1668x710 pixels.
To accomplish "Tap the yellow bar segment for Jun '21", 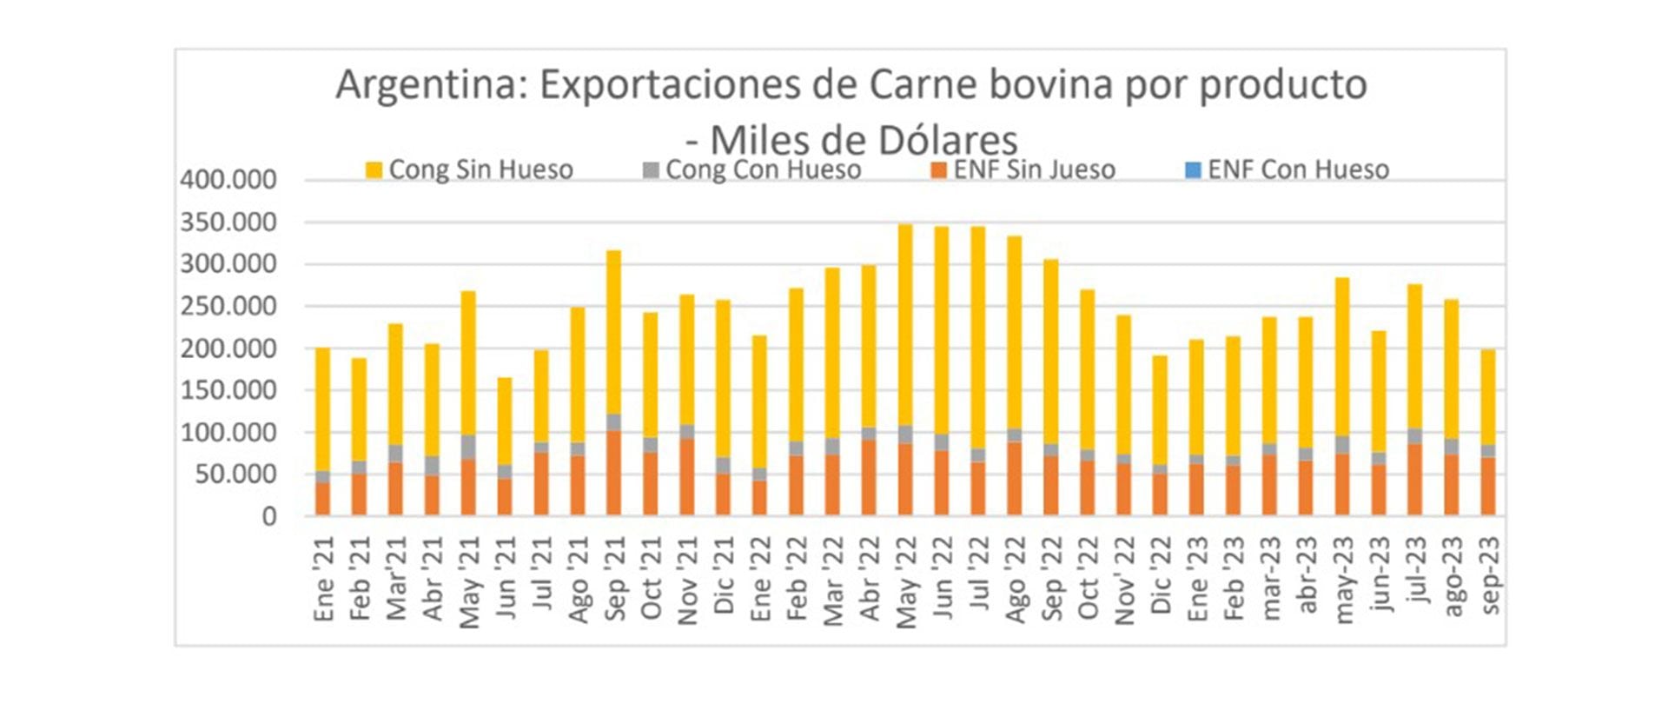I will pyautogui.click(x=505, y=421).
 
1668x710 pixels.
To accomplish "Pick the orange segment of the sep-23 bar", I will pyautogui.click(x=1488, y=486).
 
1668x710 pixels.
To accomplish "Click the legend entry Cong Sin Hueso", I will pyautogui.click(x=470, y=169).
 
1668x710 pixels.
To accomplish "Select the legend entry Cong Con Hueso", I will pyautogui.click(x=752, y=169).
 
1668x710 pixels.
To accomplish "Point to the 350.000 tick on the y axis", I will pyautogui.click(x=228, y=222).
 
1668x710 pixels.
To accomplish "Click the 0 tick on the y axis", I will pyautogui.click(x=269, y=516).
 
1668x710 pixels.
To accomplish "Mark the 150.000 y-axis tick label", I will pyautogui.click(x=228, y=390).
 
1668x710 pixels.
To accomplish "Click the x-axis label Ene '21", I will pyautogui.click(x=323, y=579).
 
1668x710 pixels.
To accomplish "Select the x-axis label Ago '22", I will pyautogui.click(x=1015, y=579).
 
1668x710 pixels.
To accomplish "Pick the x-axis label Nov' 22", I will pyautogui.click(x=1124, y=581).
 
